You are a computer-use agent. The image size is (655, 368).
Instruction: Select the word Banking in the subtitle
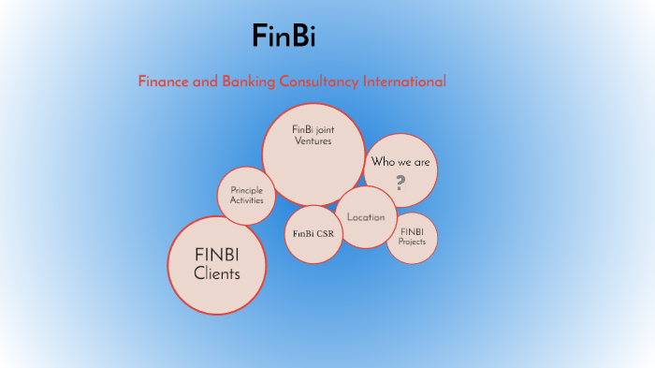click(x=250, y=81)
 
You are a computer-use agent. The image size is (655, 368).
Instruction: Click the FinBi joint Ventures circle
click(x=313, y=154)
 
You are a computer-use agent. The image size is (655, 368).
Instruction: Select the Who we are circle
click(x=400, y=170)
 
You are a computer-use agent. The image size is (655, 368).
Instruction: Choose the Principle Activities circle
click(x=247, y=197)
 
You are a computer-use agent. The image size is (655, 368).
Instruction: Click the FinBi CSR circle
click(x=313, y=234)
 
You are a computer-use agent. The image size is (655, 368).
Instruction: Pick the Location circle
click(x=366, y=217)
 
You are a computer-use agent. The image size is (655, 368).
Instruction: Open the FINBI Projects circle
click(x=412, y=238)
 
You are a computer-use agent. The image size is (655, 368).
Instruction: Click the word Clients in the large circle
click(x=217, y=274)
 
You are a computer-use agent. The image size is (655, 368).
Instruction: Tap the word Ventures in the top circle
click(x=313, y=140)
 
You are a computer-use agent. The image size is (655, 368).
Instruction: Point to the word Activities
click(x=247, y=200)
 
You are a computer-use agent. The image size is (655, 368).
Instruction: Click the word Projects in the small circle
click(x=412, y=242)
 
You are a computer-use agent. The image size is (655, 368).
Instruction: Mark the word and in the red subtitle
click(x=205, y=81)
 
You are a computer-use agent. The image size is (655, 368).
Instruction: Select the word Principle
click(x=247, y=190)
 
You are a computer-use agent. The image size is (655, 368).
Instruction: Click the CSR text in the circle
click(x=324, y=234)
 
